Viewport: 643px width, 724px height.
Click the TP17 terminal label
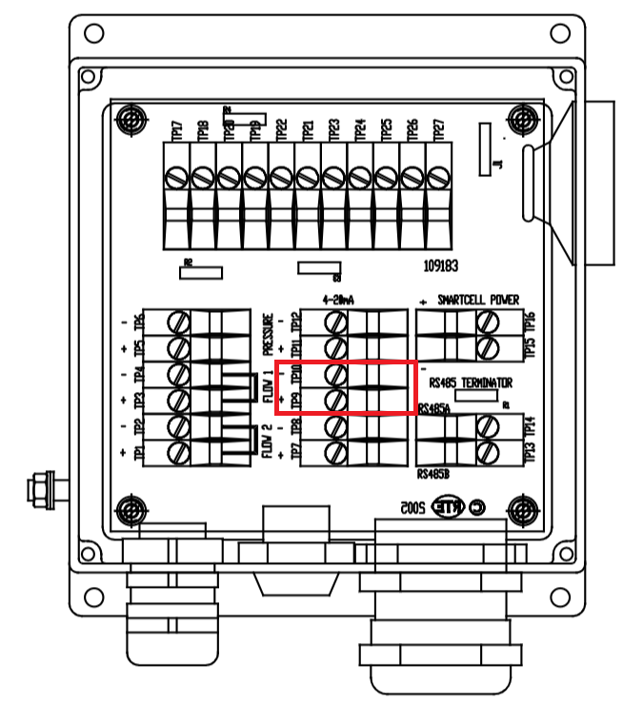[175, 131]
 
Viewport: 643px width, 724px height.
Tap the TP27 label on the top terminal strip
[439, 131]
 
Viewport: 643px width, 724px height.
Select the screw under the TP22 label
[280, 178]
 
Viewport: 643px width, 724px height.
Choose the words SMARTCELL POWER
[478, 300]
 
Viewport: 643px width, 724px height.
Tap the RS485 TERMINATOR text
[472, 383]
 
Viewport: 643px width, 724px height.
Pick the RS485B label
[434, 472]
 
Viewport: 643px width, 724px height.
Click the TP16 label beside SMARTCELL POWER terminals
[530, 322]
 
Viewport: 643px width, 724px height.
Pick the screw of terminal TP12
[335, 323]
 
